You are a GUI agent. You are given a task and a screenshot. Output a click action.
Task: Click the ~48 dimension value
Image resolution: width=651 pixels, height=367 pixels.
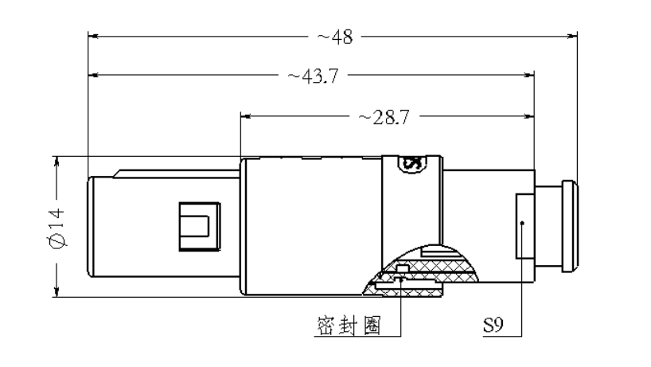[x=335, y=37]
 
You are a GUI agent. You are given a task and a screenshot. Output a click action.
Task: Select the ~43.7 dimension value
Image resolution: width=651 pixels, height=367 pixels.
[x=314, y=76]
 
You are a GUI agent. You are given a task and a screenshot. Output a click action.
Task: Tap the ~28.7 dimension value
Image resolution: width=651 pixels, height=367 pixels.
[x=384, y=117]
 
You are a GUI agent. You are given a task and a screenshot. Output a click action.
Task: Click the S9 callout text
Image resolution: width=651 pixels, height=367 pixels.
[x=493, y=325]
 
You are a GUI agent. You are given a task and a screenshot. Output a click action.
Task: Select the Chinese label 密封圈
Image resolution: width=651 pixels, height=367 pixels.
[x=349, y=325]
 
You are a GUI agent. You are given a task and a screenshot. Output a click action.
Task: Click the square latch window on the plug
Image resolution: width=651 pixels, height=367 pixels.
[x=200, y=227]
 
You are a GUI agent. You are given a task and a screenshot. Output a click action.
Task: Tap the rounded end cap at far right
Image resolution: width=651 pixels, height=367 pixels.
[x=570, y=226]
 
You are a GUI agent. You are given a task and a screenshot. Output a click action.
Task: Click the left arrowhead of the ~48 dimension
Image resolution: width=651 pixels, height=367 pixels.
[x=93, y=36]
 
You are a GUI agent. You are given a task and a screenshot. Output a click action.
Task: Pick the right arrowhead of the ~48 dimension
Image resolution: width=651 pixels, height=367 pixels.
[x=571, y=36]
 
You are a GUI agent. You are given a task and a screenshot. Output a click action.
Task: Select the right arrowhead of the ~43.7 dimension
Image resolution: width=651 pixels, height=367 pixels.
[x=528, y=75]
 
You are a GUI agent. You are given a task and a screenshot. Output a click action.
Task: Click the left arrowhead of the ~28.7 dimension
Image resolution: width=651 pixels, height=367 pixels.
[x=246, y=116]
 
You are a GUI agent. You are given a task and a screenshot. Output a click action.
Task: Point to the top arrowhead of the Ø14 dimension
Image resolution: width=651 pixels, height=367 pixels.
[x=57, y=162]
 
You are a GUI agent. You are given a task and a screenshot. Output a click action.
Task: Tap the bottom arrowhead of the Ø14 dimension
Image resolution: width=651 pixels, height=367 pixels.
[x=57, y=292]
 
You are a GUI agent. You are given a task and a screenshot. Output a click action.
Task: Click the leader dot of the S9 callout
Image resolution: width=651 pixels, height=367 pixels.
[x=522, y=224]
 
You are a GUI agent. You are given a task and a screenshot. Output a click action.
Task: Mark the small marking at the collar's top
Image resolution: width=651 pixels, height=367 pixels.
[x=412, y=163]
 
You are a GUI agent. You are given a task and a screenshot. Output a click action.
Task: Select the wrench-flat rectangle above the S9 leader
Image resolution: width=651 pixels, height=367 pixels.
[x=525, y=226]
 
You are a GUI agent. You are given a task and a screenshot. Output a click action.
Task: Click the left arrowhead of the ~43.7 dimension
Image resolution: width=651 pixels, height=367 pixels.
[x=93, y=75]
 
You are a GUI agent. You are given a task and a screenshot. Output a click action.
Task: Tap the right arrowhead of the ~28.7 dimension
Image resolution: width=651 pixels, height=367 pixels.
[x=528, y=116]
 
